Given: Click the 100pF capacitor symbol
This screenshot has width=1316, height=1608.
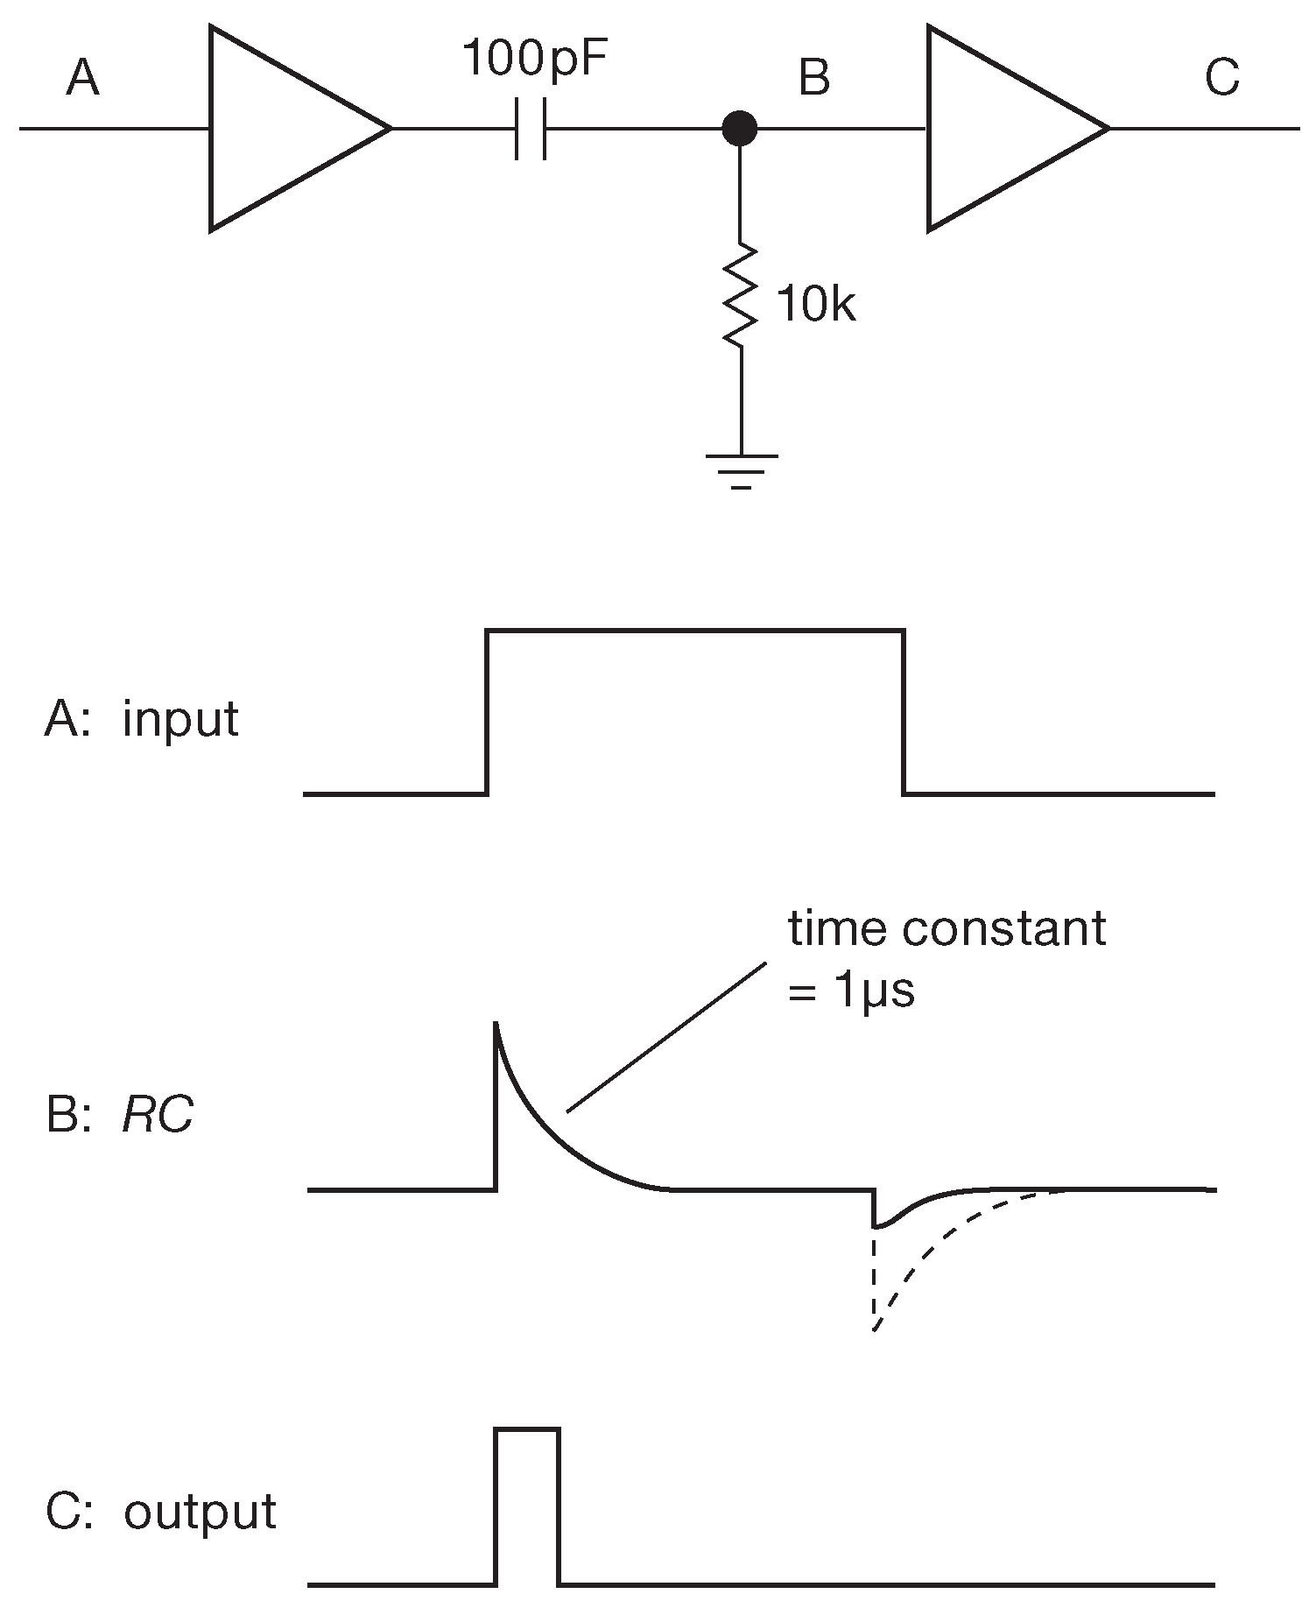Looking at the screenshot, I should click(x=531, y=129).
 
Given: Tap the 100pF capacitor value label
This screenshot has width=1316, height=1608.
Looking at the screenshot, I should click(x=533, y=60).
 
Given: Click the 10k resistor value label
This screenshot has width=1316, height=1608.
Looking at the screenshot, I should click(x=814, y=306).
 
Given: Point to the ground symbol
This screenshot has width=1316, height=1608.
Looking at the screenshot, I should click(x=741, y=469).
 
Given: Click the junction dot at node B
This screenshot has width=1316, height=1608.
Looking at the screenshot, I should click(x=740, y=129).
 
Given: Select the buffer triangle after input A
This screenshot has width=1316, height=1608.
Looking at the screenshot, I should click(x=289, y=129).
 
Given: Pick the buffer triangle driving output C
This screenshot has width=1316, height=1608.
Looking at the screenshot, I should click(x=1007, y=129).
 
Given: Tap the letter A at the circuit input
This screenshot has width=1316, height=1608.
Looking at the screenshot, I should click(x=82, y=79).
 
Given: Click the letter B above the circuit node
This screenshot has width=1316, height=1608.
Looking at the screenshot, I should click(x=814, y=77).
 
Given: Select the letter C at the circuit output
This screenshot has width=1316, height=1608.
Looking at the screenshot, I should click(x=1221, y=77).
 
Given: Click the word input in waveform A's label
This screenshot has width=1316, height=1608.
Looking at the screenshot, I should click(x=180, y=720).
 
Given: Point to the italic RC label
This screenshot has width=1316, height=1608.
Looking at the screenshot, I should click(x=158, y=1116).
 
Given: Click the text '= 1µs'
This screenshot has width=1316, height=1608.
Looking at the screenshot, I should click(x=851, y=993).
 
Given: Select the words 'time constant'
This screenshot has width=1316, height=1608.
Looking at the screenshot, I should click(x=947, y=929).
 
